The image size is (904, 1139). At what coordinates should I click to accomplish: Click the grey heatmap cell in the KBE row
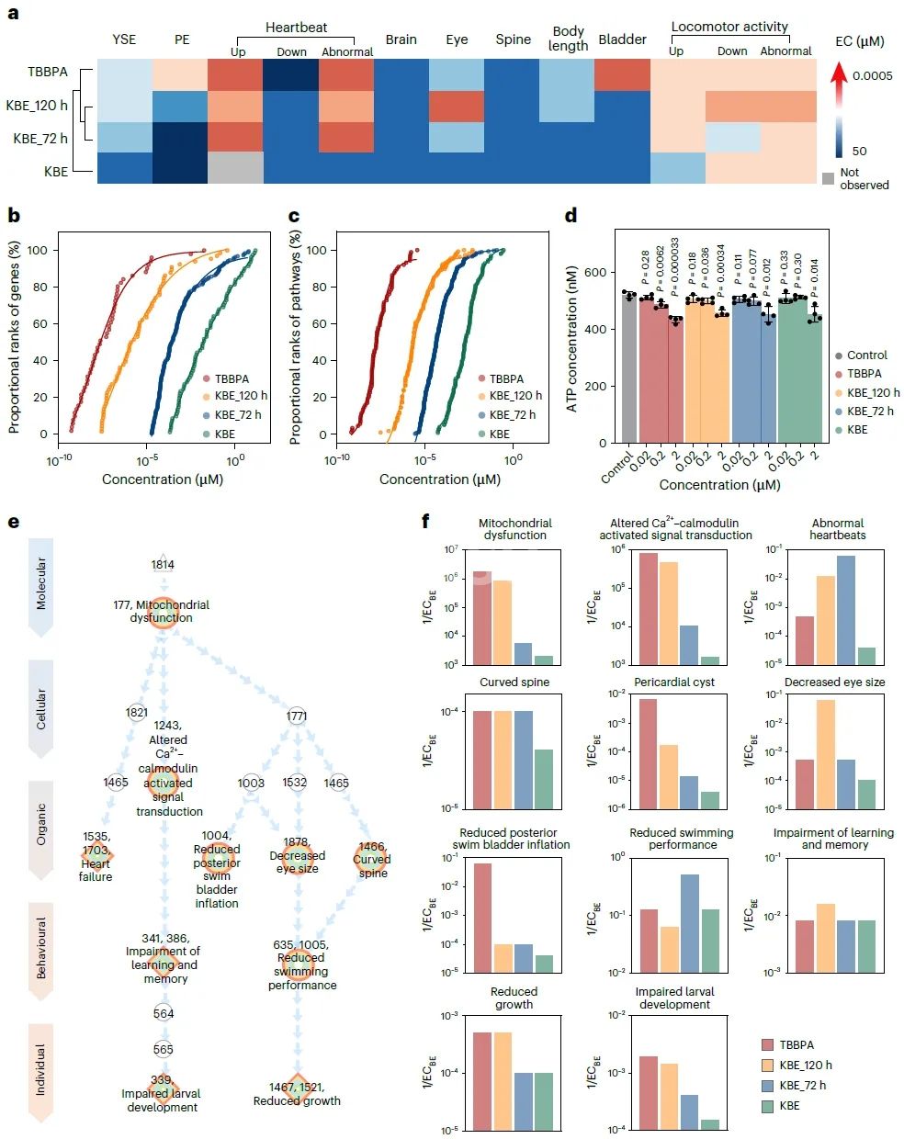[235, 167]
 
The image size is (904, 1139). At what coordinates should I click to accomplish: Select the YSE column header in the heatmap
[124, 39]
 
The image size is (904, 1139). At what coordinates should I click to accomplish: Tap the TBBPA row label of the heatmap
[48, 72]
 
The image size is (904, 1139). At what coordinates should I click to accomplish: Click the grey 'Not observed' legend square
[828, 178]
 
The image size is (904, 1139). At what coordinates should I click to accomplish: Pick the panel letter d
[571, 216]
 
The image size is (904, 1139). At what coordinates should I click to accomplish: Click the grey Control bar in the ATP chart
[629, 367]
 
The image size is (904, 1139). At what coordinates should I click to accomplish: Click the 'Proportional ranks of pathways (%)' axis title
[295, 338]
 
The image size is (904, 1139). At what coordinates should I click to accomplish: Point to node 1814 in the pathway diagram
[163, 565]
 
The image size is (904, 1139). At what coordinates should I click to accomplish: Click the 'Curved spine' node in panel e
[372, 860]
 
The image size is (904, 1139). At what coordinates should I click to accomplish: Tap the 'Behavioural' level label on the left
[40, 949]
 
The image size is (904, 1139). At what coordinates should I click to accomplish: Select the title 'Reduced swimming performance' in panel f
[681, 839]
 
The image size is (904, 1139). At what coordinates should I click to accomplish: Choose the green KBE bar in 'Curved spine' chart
[544, 779]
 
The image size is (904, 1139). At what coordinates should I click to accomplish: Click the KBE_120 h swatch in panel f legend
[768, 1066]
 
